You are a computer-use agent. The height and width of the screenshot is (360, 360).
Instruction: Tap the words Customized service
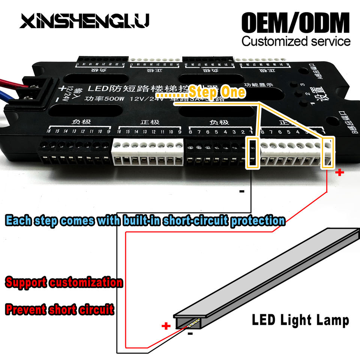[296, 41]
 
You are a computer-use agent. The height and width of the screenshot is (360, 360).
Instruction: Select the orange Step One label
[217, 91]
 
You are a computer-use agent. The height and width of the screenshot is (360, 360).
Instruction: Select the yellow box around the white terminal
[327, 152]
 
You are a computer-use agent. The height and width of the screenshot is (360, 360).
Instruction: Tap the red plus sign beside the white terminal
[340, 172]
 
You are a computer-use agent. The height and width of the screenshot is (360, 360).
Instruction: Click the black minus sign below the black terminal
[241, 192]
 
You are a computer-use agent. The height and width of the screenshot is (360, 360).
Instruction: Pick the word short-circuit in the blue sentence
[197, 220]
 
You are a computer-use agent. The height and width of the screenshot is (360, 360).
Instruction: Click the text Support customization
[64, 282]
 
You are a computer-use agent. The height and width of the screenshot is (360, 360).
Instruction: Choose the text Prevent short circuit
[59, 310]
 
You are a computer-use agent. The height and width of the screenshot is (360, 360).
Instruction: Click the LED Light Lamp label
[300, 320]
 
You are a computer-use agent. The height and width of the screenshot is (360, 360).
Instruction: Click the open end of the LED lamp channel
[186, 321]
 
